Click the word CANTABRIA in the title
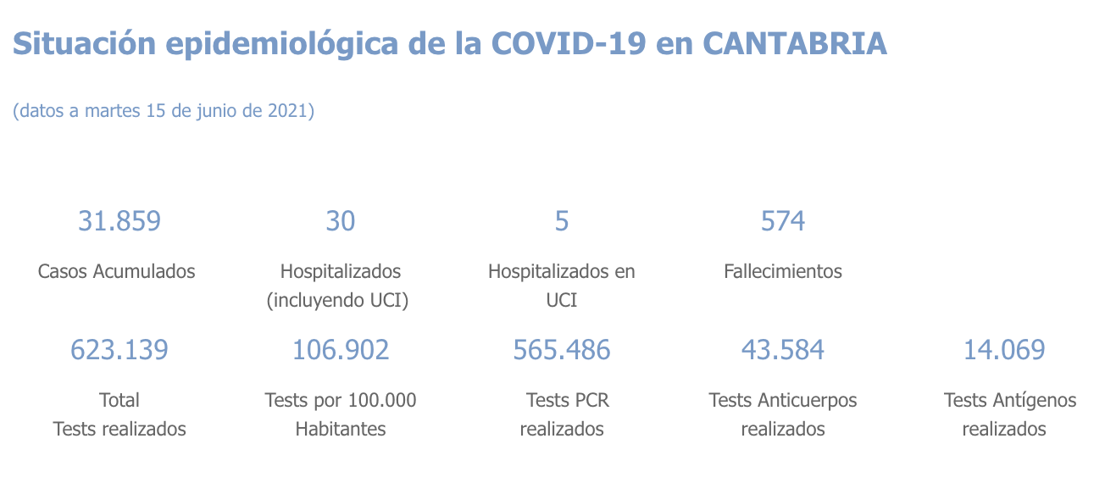(x=795, y=43)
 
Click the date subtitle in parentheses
(x=164, y=111)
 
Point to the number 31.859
(x=119, y=221)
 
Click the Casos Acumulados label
(x=117, y=272)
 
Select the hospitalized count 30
(x=341, y=221)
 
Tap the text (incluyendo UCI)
(x=337, y=301)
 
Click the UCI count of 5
(x=562, y=221)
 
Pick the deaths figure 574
(x=783, y=221)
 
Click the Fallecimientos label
(x=783, y=272)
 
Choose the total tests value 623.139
(x=119, y=349)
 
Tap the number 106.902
(x=341, y=349)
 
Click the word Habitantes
(x=341, y=429)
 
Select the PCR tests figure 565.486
(x=562, y=349)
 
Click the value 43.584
(x=783, y=349)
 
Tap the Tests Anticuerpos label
(x=783, y=400)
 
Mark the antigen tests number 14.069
(x=1004, y=349)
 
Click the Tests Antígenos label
(x=1010, y=400)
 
